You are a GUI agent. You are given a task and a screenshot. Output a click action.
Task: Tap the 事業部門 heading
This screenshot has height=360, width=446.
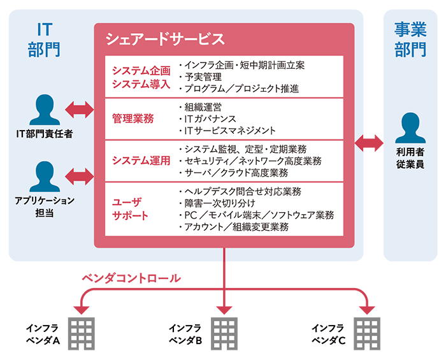tap(410, 39)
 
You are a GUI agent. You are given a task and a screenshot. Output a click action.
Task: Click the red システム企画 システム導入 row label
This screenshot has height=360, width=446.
tap(141, 77)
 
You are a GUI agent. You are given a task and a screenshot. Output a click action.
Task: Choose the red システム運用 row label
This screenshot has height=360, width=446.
tap(141, 161)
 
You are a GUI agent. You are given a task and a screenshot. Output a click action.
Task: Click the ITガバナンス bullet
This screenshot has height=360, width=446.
tap(211, 119)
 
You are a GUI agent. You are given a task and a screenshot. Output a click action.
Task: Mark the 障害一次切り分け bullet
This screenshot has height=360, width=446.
tap(220, 203)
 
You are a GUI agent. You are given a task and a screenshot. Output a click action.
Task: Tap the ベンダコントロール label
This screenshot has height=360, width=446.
tap(131, 278)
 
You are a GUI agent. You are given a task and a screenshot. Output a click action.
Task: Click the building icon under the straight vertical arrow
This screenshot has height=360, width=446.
tap(224, 331)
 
